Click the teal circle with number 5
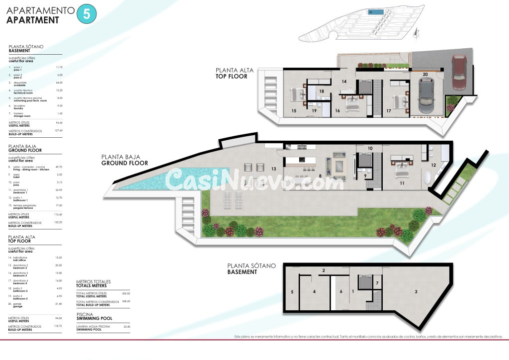coord(86,14)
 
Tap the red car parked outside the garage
coord(458,73)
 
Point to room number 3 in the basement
coord(416,291)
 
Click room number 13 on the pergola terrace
coord(273,169)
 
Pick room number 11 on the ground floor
coord(401,183)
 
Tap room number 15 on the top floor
coord(294,110)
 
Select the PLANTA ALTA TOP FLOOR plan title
coord(235,74)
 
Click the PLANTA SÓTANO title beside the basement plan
coord(251,266)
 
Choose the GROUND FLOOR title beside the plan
coord(124,163)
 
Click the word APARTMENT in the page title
coord(33,20)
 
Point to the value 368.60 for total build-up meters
coord(126,301)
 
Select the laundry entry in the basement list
coord(20,106)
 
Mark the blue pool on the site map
coord(376,11)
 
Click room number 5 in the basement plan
coord(292,292)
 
